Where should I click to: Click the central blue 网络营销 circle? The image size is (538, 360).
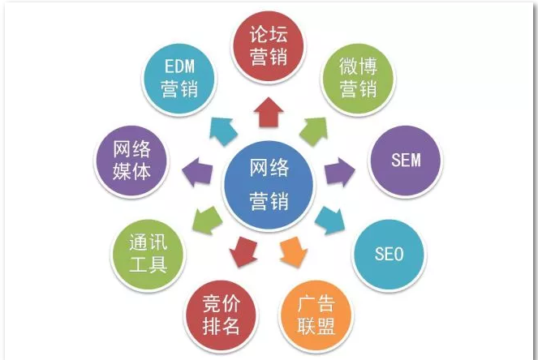(269, 185)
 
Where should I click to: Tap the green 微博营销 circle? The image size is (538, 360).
(358, 79)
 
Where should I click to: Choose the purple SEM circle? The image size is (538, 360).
(405, 161)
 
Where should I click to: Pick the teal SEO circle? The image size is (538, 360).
(389, 255)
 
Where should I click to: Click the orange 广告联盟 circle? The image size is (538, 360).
(316, 315)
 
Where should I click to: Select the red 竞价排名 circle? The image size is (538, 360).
(222, 315)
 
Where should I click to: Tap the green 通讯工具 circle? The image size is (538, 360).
(148, 255)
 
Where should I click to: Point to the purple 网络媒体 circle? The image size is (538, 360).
(131, 161)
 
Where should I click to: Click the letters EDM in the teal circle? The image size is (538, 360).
(179, 66)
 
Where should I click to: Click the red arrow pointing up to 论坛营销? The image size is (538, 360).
(269, 112)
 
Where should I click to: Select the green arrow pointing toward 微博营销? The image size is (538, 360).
(314, 131)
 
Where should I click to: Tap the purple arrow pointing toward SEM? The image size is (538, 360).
(339, 171)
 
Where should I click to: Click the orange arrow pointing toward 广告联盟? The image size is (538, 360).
(294, 252)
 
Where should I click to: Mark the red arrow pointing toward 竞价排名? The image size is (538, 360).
(243, 252)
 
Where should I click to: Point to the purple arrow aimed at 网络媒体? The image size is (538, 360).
(197, 172)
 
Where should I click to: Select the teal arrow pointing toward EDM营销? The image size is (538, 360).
(224, 131)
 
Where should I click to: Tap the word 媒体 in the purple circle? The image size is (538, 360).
(131, 171)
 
